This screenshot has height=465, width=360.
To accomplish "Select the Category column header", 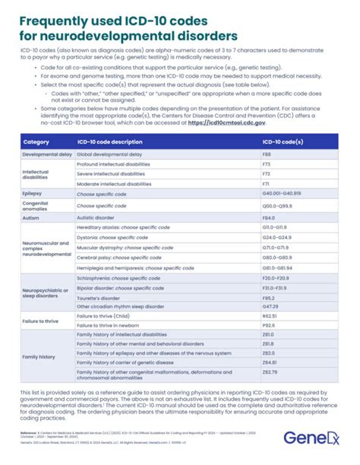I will [x=36, y=142].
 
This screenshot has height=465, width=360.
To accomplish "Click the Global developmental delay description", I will [x=112, y=154].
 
